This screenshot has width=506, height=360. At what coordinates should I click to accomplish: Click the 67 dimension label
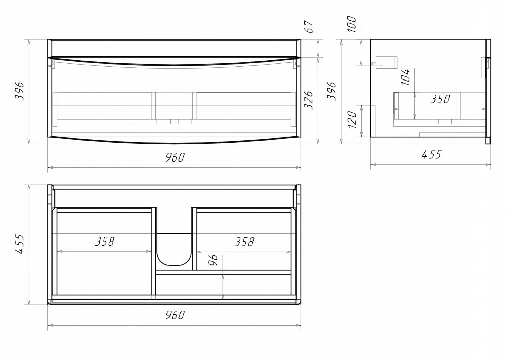pos(309,27)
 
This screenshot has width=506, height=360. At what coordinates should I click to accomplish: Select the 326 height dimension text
pos(309,100)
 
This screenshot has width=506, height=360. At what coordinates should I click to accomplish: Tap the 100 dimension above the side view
pos(352,24)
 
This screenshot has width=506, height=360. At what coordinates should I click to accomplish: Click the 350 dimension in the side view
pos(440,99)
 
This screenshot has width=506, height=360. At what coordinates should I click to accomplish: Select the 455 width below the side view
pos(431,154)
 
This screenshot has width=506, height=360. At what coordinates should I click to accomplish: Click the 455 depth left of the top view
pos(20,244)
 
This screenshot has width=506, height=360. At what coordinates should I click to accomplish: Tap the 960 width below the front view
pos(175,157)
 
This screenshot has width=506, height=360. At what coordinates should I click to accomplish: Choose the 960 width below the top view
pos(175,315)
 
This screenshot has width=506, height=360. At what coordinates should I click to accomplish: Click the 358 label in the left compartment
pos(105,241)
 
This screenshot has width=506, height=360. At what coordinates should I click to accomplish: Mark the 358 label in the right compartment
pos(244,242)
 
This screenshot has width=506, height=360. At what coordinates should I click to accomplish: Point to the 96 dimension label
pos(213,260)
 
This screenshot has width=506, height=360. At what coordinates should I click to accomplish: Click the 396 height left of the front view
pos(20,91)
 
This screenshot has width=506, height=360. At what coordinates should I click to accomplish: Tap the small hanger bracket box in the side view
pos(386,62)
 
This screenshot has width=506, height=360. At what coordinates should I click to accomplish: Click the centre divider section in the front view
pos(174,106)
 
